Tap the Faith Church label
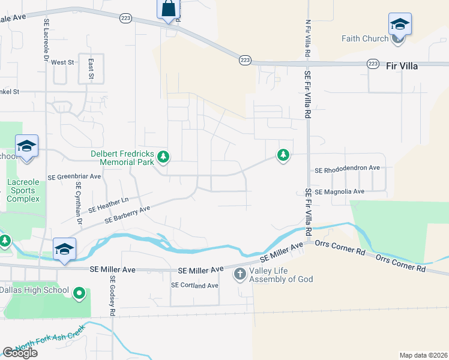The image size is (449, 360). click(365, 39)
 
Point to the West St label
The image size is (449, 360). click(62, 62)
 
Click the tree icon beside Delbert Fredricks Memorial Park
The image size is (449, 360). click(163, 157)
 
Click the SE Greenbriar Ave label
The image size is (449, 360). click(74, 177)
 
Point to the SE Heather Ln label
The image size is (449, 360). click(109, 205)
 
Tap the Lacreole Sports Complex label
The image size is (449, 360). click(23, 190)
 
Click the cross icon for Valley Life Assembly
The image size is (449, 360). click(240, 275)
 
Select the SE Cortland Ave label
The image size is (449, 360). click(194, 285)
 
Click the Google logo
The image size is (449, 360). click(20, 353)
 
